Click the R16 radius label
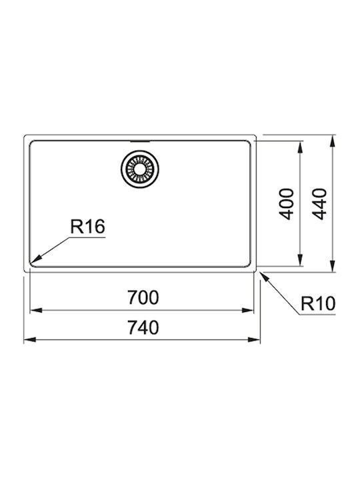(87, 227)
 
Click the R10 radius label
(318, 303)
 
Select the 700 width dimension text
(143, 297)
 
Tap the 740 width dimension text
(143, 327)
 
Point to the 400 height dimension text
(287, 204)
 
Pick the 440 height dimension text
(319, 204)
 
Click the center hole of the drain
(140, 169)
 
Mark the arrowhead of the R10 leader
(265, 277)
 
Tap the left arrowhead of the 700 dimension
(37, 311)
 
